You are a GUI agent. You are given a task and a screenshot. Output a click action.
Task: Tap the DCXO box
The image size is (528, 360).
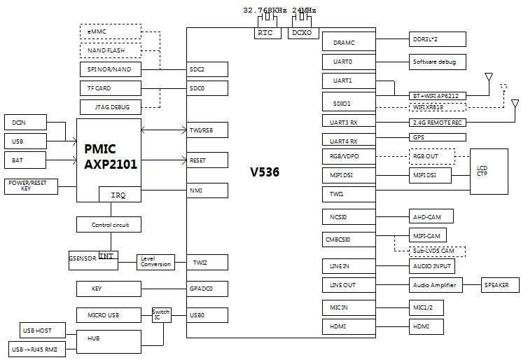tap(303, 33)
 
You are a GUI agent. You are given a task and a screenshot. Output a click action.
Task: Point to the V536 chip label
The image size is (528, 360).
tap(265, 172)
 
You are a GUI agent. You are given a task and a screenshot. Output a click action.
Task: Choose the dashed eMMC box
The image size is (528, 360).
tap(110, 32)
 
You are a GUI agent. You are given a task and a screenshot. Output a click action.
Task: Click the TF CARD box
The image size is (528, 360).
tap(110, 88)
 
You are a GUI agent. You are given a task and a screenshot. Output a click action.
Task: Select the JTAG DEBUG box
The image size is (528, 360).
tap(110, 107)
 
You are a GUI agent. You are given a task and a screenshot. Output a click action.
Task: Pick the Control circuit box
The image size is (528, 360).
tap(108, 225)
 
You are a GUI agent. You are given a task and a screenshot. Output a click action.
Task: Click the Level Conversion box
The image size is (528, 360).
tap(155, 261)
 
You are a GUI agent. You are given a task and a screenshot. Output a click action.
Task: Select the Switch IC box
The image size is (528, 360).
tap(161, 314)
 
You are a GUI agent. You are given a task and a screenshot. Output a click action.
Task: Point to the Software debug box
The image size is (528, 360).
tap(437, 62)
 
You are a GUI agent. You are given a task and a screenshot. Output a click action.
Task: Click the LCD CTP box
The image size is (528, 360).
tap(488, 171)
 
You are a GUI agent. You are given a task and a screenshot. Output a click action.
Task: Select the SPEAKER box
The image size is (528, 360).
tap(500, 285)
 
